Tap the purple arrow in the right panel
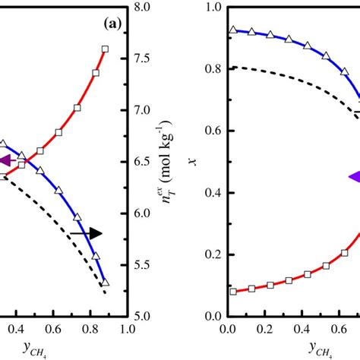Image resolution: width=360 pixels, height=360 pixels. (x=353, y=177)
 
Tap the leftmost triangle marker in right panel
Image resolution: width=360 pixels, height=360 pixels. (x=232, y=30)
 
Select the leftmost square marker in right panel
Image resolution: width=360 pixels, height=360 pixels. (x=232, y=291)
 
